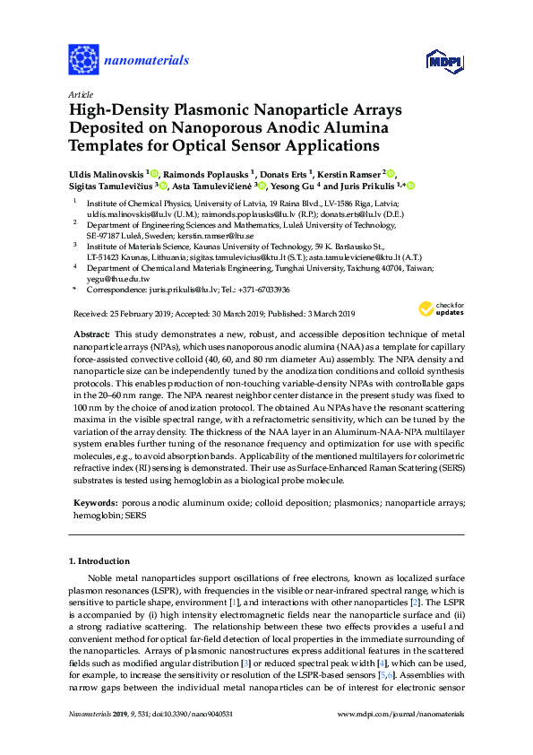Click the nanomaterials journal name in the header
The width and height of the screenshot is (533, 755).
coord(147,61)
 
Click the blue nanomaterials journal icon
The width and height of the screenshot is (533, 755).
coord(84,60)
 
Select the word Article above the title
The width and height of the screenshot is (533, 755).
coord(80,93)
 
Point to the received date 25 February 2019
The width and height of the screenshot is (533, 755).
coord(129,314)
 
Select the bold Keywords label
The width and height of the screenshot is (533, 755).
coord(96,506)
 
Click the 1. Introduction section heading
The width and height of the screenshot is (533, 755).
coord(99,560)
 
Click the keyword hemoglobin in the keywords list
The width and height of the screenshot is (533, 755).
coord(96,517)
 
